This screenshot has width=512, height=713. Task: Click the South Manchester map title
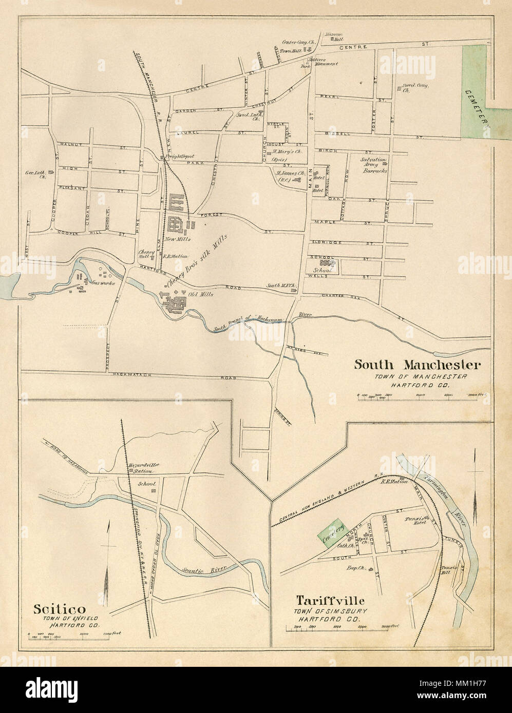pyautogui.click(x=417, y=365)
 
